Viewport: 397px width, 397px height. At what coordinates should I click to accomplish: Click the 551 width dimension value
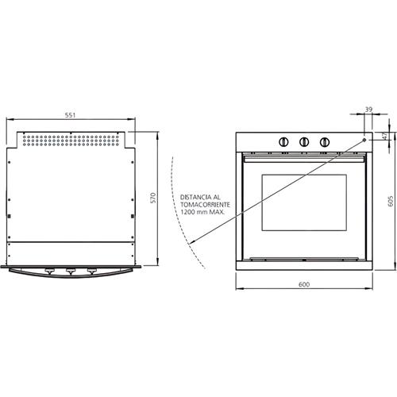70,115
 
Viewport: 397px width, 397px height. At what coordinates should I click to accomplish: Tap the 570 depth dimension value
153,198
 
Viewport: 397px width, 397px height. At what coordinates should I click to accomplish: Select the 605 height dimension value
391,201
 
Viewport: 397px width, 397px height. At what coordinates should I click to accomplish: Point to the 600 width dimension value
304,284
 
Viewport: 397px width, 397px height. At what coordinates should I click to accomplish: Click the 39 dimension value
368,110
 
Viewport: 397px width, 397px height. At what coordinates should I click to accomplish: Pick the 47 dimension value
385,136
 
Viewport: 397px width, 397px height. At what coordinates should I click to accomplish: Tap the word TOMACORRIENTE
205,205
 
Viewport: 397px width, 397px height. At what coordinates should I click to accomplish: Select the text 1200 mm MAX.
202,212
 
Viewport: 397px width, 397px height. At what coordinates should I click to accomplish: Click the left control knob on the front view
283,142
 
